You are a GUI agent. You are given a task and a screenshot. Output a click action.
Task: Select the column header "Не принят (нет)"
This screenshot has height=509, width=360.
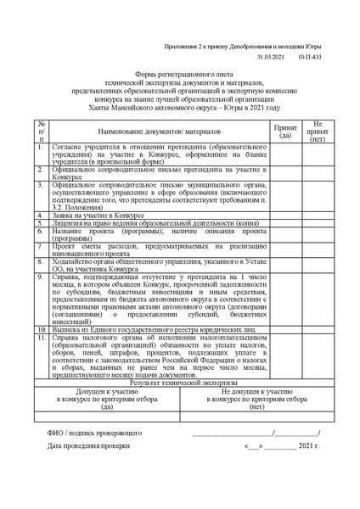pyautogui.click(x=318, y=131)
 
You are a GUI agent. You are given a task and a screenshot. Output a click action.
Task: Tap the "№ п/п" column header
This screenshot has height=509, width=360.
pyautogui.click(x=42, y=131)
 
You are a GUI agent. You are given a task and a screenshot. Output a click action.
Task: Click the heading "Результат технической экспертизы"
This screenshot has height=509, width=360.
pyautogui.click(x=177, y=384)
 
